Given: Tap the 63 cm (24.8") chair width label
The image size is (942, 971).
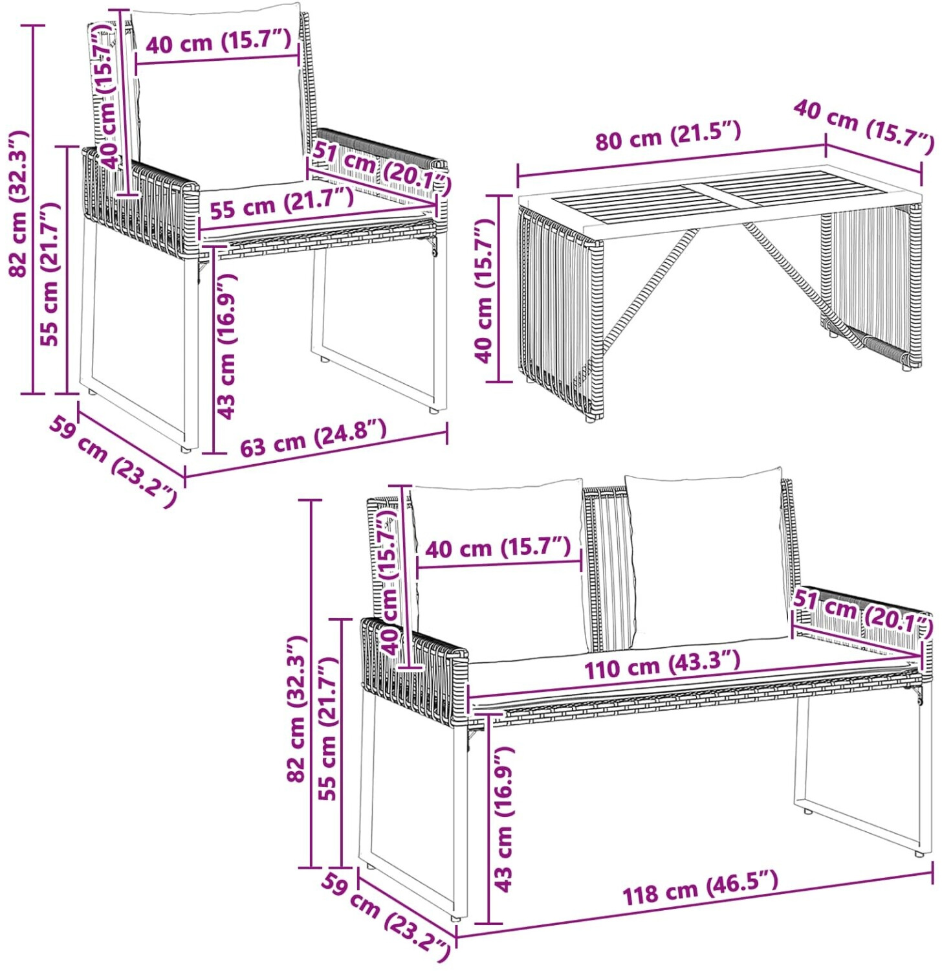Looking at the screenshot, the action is click(313, 438).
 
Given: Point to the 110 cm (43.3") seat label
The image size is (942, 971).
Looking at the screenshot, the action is click(662, 664).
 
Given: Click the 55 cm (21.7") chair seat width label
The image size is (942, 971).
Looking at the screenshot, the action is click(281, 203).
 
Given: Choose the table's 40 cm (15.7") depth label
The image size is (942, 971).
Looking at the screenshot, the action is click(864, 126).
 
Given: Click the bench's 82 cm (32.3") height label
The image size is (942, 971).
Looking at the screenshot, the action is click(297, 709).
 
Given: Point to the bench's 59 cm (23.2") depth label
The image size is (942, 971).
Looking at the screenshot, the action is click(386, 918).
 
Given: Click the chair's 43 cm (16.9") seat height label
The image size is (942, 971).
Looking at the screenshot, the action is click(226, 346).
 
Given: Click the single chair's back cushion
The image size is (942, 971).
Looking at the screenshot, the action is click(219, 97).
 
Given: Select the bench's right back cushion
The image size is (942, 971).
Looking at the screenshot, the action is click(708, 558).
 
